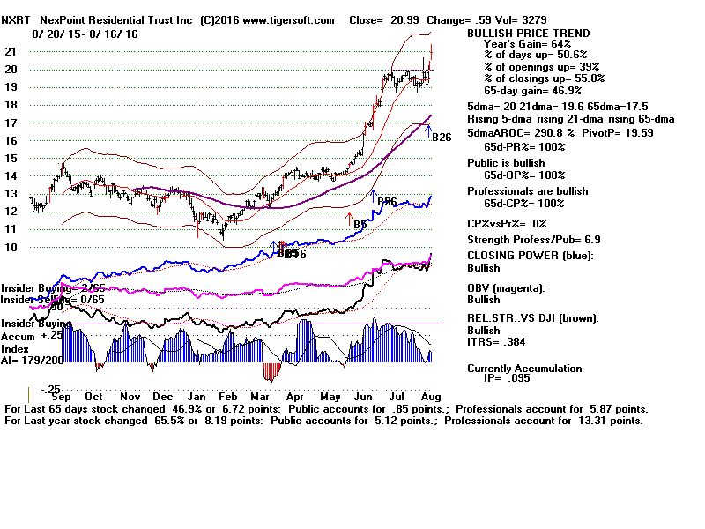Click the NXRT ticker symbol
point(17,20)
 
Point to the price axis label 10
point(11,247)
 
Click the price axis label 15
point(11,158)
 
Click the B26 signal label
point(442,137)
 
